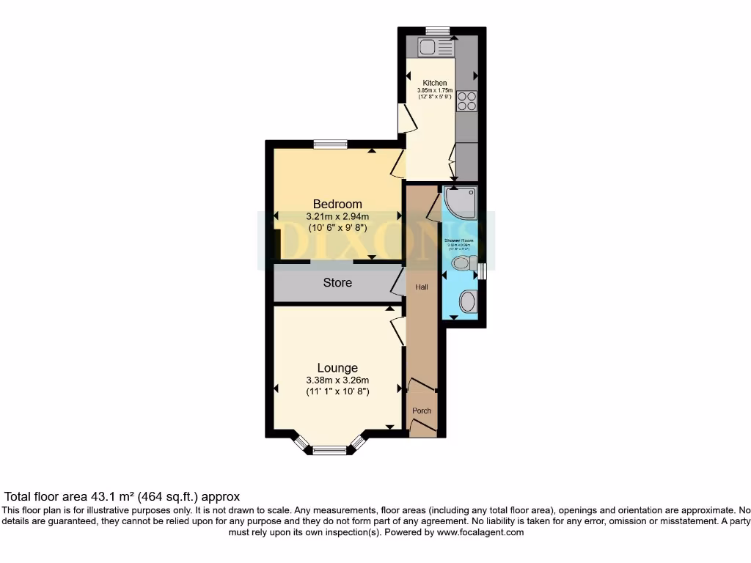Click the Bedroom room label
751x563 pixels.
337,204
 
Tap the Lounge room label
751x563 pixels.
337,368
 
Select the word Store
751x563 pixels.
337,282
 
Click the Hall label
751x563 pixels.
422,287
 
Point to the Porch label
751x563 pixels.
422,411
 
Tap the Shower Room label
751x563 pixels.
458,240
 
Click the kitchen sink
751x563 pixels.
427,48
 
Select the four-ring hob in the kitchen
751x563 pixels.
466,100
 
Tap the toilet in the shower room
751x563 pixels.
464,262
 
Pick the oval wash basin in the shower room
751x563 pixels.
466,301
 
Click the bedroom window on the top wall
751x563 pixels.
330,144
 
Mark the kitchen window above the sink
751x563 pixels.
438,30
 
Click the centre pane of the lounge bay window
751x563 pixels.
329,450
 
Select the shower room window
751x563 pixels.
482,271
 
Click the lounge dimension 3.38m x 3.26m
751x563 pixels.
337,380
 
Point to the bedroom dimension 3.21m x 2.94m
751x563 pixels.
337,216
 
